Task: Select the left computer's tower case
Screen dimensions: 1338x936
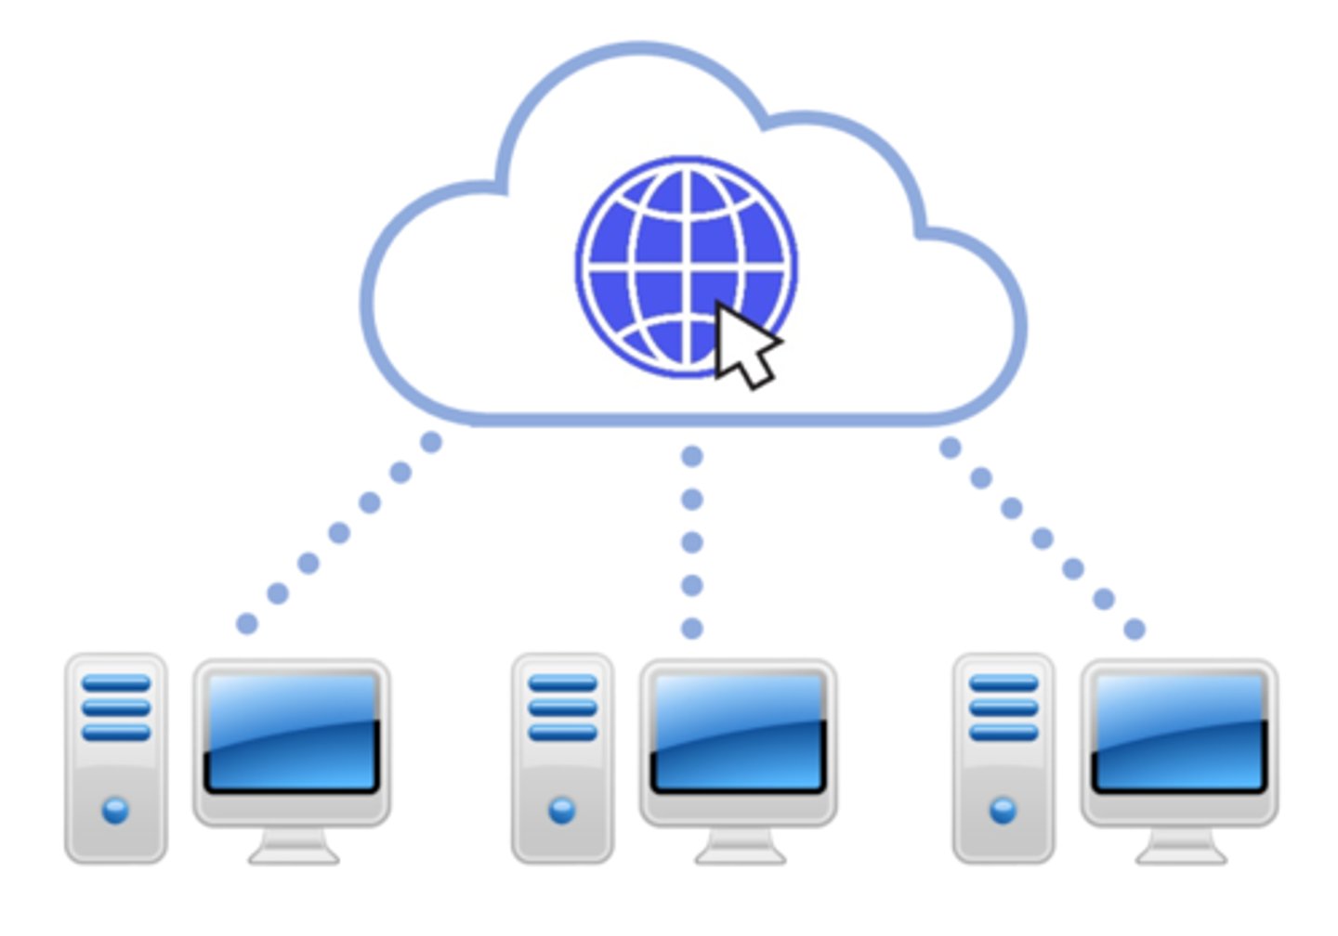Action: coord(116,757)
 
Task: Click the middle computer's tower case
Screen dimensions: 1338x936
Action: coord(562,757)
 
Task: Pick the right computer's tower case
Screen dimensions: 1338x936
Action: coord(1003,757)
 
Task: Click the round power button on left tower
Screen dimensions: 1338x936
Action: coord(115,811)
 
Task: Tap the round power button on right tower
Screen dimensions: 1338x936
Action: coord(1003,811)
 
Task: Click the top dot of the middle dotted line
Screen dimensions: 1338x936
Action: coord(691,456)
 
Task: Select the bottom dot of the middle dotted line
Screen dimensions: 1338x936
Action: coord(691,629)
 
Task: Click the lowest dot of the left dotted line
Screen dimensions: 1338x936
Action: coord(246,624)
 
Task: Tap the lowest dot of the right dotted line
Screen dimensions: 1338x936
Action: coord(1134,630)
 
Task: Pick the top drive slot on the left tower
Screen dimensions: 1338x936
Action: coord(116,684)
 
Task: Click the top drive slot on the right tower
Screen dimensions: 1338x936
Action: coord(1003,684)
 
